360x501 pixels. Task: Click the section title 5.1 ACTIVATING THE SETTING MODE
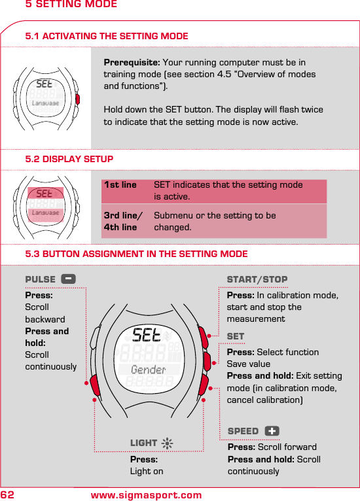(x=106, y=36)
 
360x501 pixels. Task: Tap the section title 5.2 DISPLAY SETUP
(x=69, y=159)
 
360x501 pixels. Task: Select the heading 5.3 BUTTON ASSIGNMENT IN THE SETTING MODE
(x=136, y=254)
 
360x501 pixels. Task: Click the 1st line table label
(x=120, y=185)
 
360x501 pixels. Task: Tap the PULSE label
(x=40, y=279)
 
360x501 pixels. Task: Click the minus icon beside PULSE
(x=68, y=279)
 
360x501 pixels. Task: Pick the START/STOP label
(x=257, y=280)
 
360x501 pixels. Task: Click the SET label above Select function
(x=235, y=336)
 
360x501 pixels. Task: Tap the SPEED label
(x=243, y=431)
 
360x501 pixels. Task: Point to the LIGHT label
(x=143, y=443)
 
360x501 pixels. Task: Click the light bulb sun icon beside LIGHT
(x=168, y=443)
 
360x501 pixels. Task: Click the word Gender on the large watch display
(x=149, y=370)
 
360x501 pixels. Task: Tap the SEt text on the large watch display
(x=147, y=335)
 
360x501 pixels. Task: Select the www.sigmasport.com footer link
(x=146, y=495)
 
